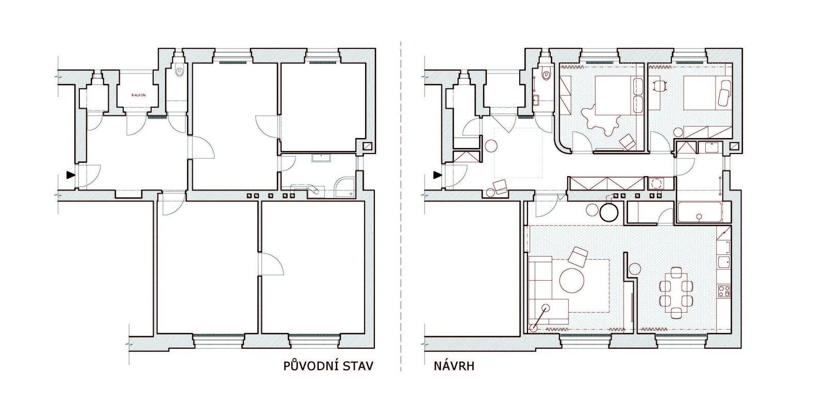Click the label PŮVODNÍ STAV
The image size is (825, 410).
click(328, 366)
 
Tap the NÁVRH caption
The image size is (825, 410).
click(454, 367)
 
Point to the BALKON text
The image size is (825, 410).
click(139, 95)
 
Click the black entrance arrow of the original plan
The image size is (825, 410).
click(70, 175)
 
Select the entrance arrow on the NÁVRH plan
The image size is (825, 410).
click(437, 175)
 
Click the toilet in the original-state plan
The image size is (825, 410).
click(180, 71)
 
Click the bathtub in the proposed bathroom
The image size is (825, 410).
click(699, 212)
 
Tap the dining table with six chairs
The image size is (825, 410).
click(676, 293)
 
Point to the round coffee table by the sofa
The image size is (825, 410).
click(571, 280)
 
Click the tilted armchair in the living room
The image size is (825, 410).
click(577, 257)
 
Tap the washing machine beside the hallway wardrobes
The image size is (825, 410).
click(656, 183)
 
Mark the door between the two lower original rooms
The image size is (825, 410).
click(271, 264)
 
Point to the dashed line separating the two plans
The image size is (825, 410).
click(401, 206)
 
